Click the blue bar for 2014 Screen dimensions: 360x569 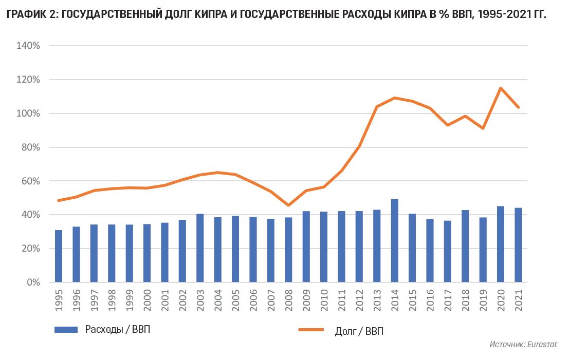click(395, 240)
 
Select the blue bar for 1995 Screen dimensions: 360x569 click(59, 256)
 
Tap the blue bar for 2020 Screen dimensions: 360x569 click(501, 244)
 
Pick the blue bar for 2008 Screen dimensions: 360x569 click(288, 250)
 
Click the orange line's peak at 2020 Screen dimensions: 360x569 click(501, 88)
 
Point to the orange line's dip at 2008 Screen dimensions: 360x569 click(288, 205)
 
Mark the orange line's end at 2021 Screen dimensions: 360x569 click(518, 107)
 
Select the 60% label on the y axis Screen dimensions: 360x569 click(30, 181)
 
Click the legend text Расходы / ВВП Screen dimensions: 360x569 click(118, 329)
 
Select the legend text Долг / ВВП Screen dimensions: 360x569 click(359, 331)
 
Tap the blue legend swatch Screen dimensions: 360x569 click(66, 329)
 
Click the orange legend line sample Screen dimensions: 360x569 click(311, 330)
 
